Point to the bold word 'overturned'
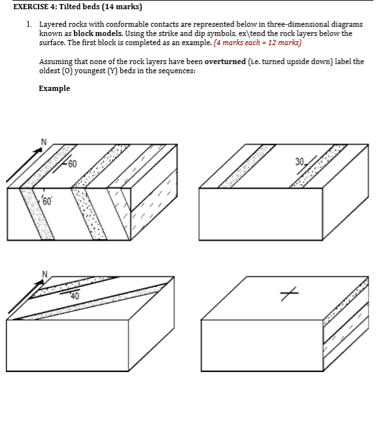click(225, 61)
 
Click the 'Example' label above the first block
click(54, 88)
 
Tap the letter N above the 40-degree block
click(44, 274)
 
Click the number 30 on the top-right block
click(299, 162)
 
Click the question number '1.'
click(29, 24)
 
